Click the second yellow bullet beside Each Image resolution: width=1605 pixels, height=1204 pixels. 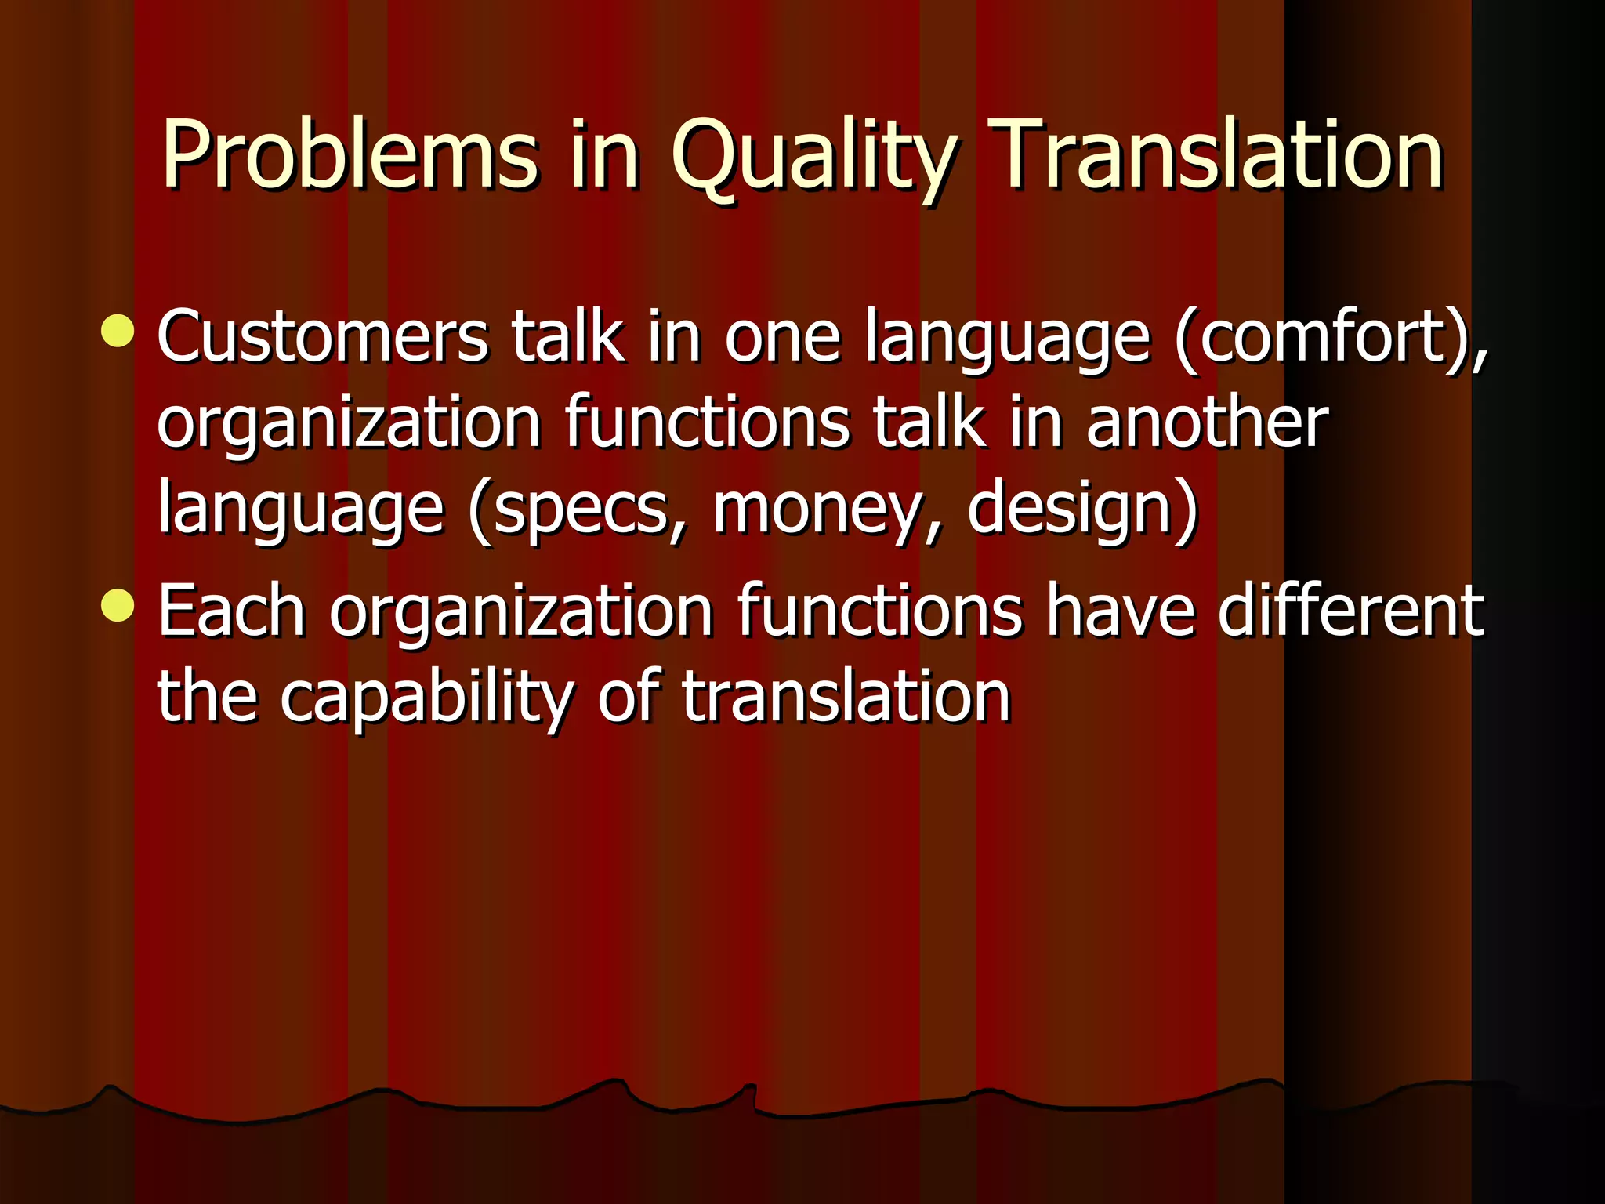pyautogui.click(x=118, y=605)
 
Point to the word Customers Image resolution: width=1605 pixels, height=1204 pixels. pyautogui.click(x=323, y=337)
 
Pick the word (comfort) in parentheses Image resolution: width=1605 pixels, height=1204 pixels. pyautogui.click(x=1330, y=339)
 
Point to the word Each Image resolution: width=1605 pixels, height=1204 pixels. pyautogui.click(x=231, y=611)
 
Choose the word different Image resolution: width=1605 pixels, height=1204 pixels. pyautogui.click(x=1350, y=611)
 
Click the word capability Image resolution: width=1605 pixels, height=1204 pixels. pyautogui.click(x=427, y=699)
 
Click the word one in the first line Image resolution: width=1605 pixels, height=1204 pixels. pyautogui.click(x=782, y=339)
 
